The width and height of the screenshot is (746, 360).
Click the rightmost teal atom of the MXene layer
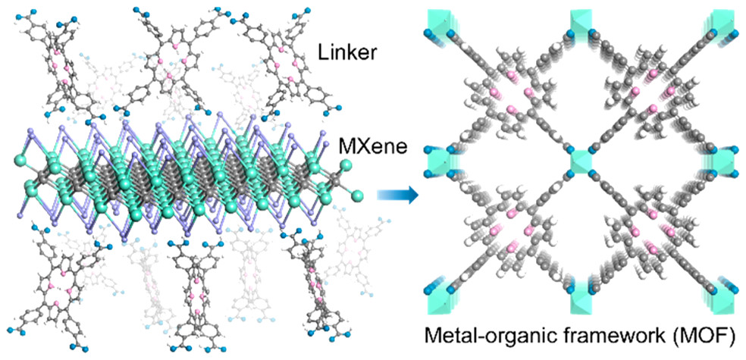tap(357, 196)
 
